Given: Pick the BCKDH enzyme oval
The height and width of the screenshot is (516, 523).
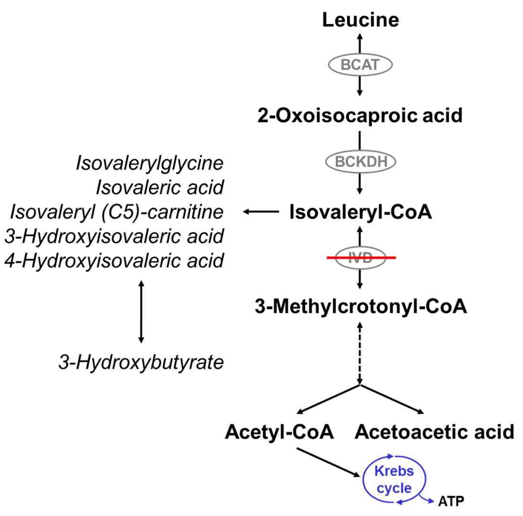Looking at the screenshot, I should pyautogui.click(x=360, y=163).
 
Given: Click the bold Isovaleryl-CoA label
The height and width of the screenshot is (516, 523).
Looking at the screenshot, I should pyautogui.click(x=360, y=212).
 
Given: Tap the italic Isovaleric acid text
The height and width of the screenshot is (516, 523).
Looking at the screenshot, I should pyautogui.click(x=160, y=187).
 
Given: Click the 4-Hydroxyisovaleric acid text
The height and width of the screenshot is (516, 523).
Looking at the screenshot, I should pyautogui.click(x=114, y=261).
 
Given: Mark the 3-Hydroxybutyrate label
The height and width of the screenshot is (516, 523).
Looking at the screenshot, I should pyautogui.click(x=140, y=362).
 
